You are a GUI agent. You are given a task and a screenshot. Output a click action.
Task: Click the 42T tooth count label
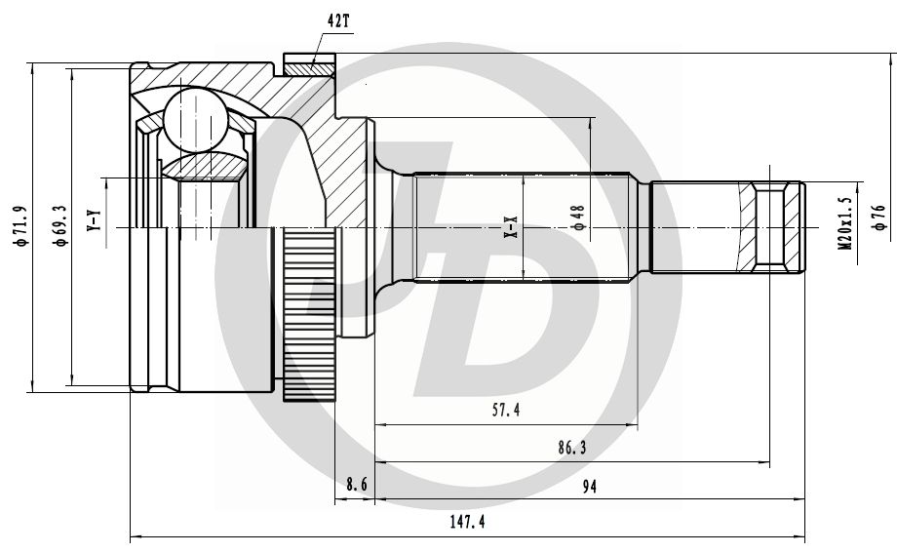pos(337,20)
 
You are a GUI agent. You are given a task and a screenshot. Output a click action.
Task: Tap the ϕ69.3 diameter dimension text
pos(59,226)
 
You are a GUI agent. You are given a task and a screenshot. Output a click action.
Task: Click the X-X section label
pos(509,228)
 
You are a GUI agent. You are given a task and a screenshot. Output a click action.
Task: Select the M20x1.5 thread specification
pos(844,223)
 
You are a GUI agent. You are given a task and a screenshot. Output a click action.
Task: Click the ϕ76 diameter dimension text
pos(879,216)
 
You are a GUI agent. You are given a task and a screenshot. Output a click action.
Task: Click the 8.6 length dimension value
pos(357,485)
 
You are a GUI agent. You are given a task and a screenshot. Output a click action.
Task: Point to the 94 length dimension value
pos(588,485)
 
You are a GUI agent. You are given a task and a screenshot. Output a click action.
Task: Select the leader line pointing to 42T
pos(317,44)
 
